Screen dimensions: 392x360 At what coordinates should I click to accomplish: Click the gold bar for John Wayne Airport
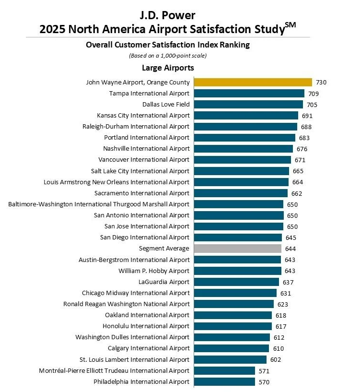pyautogui.click(x=253, y=82)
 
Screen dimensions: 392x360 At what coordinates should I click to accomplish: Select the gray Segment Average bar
pyautogui.click(x=237, y=249)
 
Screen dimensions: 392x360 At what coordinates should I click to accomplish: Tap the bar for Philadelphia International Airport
pyautogui.click(x=224, y=382)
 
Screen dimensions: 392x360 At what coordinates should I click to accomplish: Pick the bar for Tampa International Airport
pyautogui.click(x=249, y=94)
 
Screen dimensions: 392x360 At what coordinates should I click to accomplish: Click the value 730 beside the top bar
pyautogui.click(x=321, y=83)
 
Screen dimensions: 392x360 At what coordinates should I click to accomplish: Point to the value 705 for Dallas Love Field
pyautogui.click(x=312, y=105)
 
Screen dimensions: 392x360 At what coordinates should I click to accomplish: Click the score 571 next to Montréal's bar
pyautogui.click(x=264, y=371)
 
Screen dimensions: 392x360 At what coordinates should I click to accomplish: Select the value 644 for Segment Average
pyautogui.click(x=290, y=249)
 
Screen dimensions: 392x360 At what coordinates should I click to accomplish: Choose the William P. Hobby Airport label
pyautogui.click(x=154, y=271)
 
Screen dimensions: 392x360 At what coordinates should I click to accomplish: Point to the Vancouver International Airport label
pyautogui.click(x=144, y=160)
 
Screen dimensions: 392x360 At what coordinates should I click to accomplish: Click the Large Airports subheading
pyautogui.click(x=168, y=68)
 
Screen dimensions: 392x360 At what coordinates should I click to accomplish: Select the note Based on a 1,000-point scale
pyautogui.click(x=168, y=56)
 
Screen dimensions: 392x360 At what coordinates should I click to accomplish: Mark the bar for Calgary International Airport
pyautogui.click(x=231, y=348)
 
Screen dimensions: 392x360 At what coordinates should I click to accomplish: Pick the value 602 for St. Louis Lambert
pyautogui.click(x=275, y=359)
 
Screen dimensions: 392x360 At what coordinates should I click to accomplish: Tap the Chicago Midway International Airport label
pyautogui.click(x=136, y=293)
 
